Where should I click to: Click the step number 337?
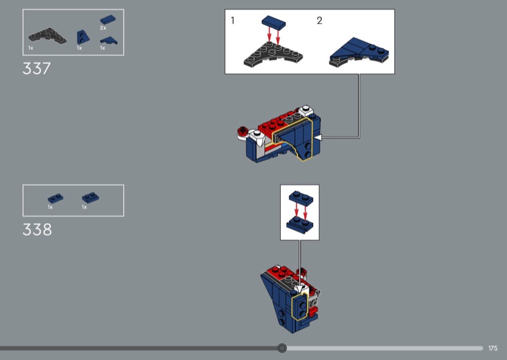click(x=37, y=68)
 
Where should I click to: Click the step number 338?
click(x=37, y=229)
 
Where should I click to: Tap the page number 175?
click(x=493, y=349)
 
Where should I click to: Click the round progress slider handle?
click(x=282, y=348)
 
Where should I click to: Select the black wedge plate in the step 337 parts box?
click(x=47, y=36)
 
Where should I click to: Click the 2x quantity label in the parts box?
click(x=103, y=28)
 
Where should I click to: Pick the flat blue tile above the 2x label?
click(x=108, y=20)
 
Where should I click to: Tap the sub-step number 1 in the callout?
click(x=233, y=21)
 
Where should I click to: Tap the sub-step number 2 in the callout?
click(x=319, y=21)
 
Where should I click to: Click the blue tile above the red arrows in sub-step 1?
click(x=274, y=22)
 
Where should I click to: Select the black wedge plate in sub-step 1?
click(x=273, y=55)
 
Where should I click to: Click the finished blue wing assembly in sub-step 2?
click(x=359, y=52)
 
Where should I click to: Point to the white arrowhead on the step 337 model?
click(x=318, y=138)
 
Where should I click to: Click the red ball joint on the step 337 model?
click(x=242, y=131)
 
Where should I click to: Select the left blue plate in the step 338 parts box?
click(x=56, y=198)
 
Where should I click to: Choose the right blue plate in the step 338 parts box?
click(x=90, y=197)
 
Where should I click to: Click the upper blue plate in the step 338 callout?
click(x=301, y=198)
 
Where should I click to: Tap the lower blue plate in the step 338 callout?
click(x=300, y=224)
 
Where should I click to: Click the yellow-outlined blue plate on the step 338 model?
click(x=300, y=306)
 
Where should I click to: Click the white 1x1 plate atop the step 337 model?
click(x=305, y=111)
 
